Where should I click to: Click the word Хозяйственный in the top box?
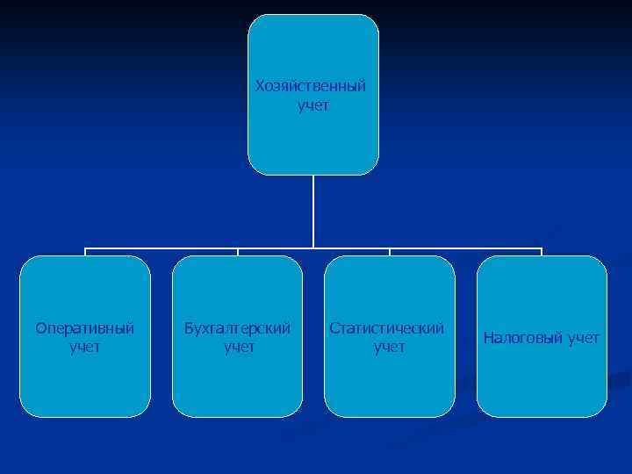[x=312, y=87]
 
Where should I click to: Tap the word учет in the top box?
[x=313, y=106]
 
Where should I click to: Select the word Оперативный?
[x=85, y=328]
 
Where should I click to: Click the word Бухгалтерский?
[x=237, y=328]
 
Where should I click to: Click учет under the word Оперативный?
[x=85, y=348]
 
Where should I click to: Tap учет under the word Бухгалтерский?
[x=238, y=348]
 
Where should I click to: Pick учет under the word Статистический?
[x=390, y=348]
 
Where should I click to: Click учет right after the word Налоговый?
[x=583, y=338]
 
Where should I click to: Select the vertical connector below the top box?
[x=313, y=211]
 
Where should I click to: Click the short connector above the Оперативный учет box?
[x=85, y=252]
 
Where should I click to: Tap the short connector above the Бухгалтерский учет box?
[x=238, y=252]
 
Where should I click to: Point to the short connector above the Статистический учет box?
[x=390, y=252]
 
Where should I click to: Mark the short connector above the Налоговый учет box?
[x=542, y=252]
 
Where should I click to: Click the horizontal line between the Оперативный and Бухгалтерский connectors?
[x=162, y=248]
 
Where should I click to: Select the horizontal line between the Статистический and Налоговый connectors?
[x=465, y=248]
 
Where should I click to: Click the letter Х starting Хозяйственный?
[x=259, y=87]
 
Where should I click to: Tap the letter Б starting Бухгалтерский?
[x=188, y=328]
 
